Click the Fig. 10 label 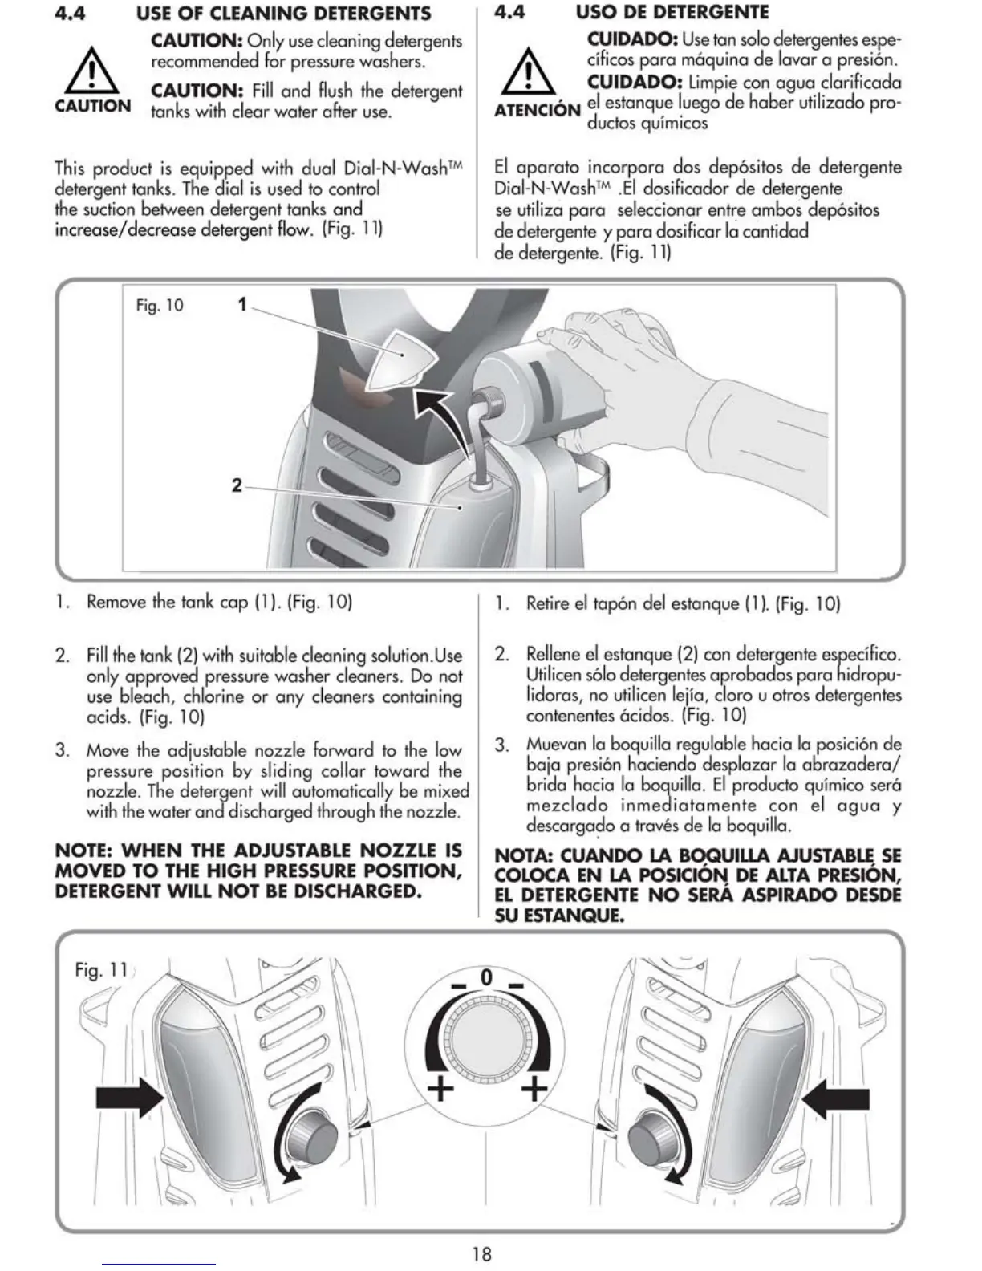click(160, 306)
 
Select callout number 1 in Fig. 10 click(242, 304)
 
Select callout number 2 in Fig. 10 click(237, 485)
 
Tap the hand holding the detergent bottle click(642, 337)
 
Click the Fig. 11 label click(101, 970)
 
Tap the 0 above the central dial click(485, 977)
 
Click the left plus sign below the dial click(440, 1089)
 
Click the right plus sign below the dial click(534, 1089)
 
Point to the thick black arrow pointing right click(129, 1097)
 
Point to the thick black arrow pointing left click(835, 1097)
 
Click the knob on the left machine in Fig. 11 click(312, 1137)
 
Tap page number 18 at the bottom click(482, 1253)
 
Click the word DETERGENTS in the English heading click(375, 14)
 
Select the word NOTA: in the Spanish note click(524, 856)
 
